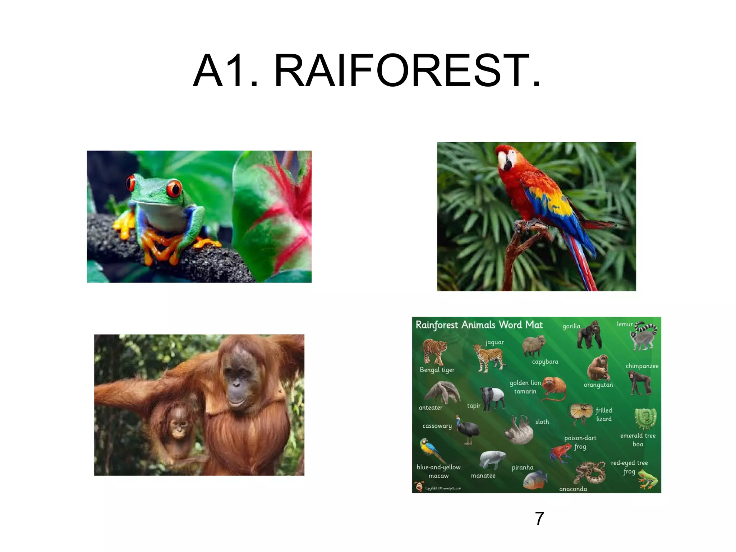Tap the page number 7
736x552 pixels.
click(x=539, y=518)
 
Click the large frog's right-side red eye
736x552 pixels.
click(x=174, y=188)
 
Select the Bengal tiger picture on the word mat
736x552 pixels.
click(x=434, y=351)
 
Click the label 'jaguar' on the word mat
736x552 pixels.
click(x=494, y=342)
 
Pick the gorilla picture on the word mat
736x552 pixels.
click(x=589, y=335)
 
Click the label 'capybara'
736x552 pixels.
click(x=545, y=362)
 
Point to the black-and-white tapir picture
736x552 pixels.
click(x=492, y=398)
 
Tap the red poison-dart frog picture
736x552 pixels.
click(x=561, y=452)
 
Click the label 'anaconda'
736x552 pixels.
click(x=573, y=489)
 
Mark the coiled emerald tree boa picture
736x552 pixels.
click(x=645, y=418)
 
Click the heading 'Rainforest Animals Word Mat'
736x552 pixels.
click(x=479, y=325)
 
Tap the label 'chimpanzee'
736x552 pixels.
click(x=642, y=366)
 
